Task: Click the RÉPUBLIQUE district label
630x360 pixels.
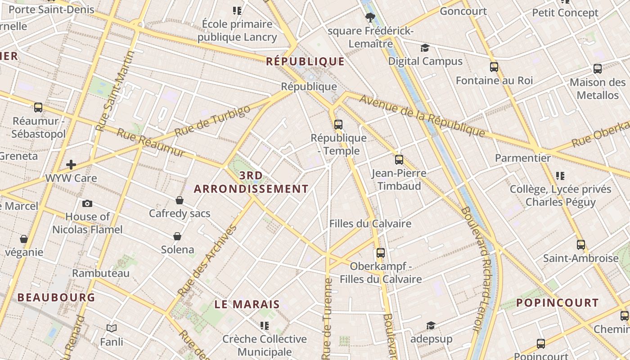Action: (x=305, y=62)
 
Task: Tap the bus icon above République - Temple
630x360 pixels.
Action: (x=338, y=125)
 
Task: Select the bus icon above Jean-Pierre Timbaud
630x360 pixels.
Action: (x=399, y=160)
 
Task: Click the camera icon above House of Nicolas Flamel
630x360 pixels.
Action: (x=87, y=203)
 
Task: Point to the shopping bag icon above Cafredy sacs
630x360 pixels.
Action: (x=180, y=200)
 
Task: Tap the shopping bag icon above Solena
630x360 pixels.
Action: (x=177, y=236)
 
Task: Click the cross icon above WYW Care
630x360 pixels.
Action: (x=71, y=165)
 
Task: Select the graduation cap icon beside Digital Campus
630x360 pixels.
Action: (x=425, y=48)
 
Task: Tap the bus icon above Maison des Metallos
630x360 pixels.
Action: (x=598, y=69)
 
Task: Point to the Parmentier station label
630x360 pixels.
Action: (x=522, y=158)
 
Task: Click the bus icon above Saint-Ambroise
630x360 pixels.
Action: (x=581, y=245)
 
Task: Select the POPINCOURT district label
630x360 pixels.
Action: (x=558, y=303)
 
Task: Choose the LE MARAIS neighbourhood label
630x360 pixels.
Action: (x=247, y=305)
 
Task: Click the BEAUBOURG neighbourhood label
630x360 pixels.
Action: (x=56, y=297)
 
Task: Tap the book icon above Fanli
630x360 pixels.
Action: (x=112, y=328)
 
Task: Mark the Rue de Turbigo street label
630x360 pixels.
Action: (x=212, y=121)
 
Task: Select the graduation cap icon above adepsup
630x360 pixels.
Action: (x=431, y=325)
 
